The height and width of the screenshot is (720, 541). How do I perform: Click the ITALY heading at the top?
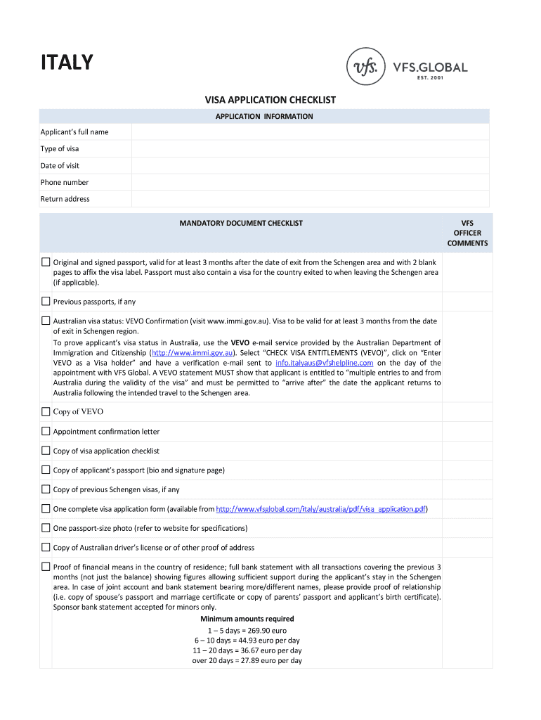[x=66, y=63]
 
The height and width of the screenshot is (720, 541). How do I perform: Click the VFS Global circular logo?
[x=365, y=67]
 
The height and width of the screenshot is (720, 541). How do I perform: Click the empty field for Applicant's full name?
[x=311, y=132]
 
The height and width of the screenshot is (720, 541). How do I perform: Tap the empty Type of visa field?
[x=311, y=149]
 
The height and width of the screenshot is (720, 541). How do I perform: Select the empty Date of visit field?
[x=311, y=166]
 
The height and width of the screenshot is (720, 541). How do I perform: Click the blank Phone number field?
[x=311, y=183]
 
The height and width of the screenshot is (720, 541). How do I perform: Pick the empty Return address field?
[x=311, y=199]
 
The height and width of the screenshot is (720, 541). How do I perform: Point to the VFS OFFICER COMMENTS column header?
[x=467, y=233]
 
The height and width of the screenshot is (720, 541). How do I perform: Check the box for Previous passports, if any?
[x=46, y=302]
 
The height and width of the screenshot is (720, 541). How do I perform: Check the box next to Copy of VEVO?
[x=46, y=411]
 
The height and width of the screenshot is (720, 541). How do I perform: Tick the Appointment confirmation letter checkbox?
[x=46, y=431]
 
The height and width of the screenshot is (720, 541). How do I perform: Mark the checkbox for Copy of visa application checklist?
[x=46, y=451]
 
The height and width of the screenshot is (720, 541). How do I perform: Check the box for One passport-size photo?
[x=46, y=528]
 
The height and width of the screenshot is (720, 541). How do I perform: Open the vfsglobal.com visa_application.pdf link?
[x=321, y=509]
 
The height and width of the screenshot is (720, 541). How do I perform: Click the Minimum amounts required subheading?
[x=247, y=619]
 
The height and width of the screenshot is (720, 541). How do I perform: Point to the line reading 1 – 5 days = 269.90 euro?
[x=247, y=630]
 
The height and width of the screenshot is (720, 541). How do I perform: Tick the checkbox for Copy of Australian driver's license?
[x=46, y=547]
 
